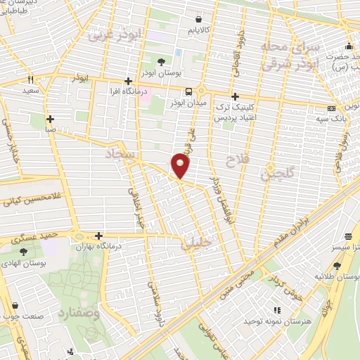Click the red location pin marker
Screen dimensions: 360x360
pyautogui.click(x=181, y=166)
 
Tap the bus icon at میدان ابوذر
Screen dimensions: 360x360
pyautogui.click(x=188, y=91)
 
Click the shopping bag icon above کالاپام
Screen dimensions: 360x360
pyautogui.click(x=200, y=20)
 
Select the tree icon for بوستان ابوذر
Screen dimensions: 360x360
pyautogui.click(x=162, y=62)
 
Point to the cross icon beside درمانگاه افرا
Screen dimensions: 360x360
pyautogui.click(x=128, y=81)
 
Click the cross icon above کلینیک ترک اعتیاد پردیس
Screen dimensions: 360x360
pyautogui.click(x=236, y=96)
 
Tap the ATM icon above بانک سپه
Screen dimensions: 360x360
pyautogui.click(x=332, y=108)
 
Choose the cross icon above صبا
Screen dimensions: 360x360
pyautogui.click(x=50, y=119)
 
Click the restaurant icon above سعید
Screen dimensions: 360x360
pyautogui.click(x=30, y=80)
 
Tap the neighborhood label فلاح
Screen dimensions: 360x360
pyautogui.click(x=239, y=162)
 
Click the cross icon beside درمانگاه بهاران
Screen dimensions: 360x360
pyautogui.click(x=99, y=236)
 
